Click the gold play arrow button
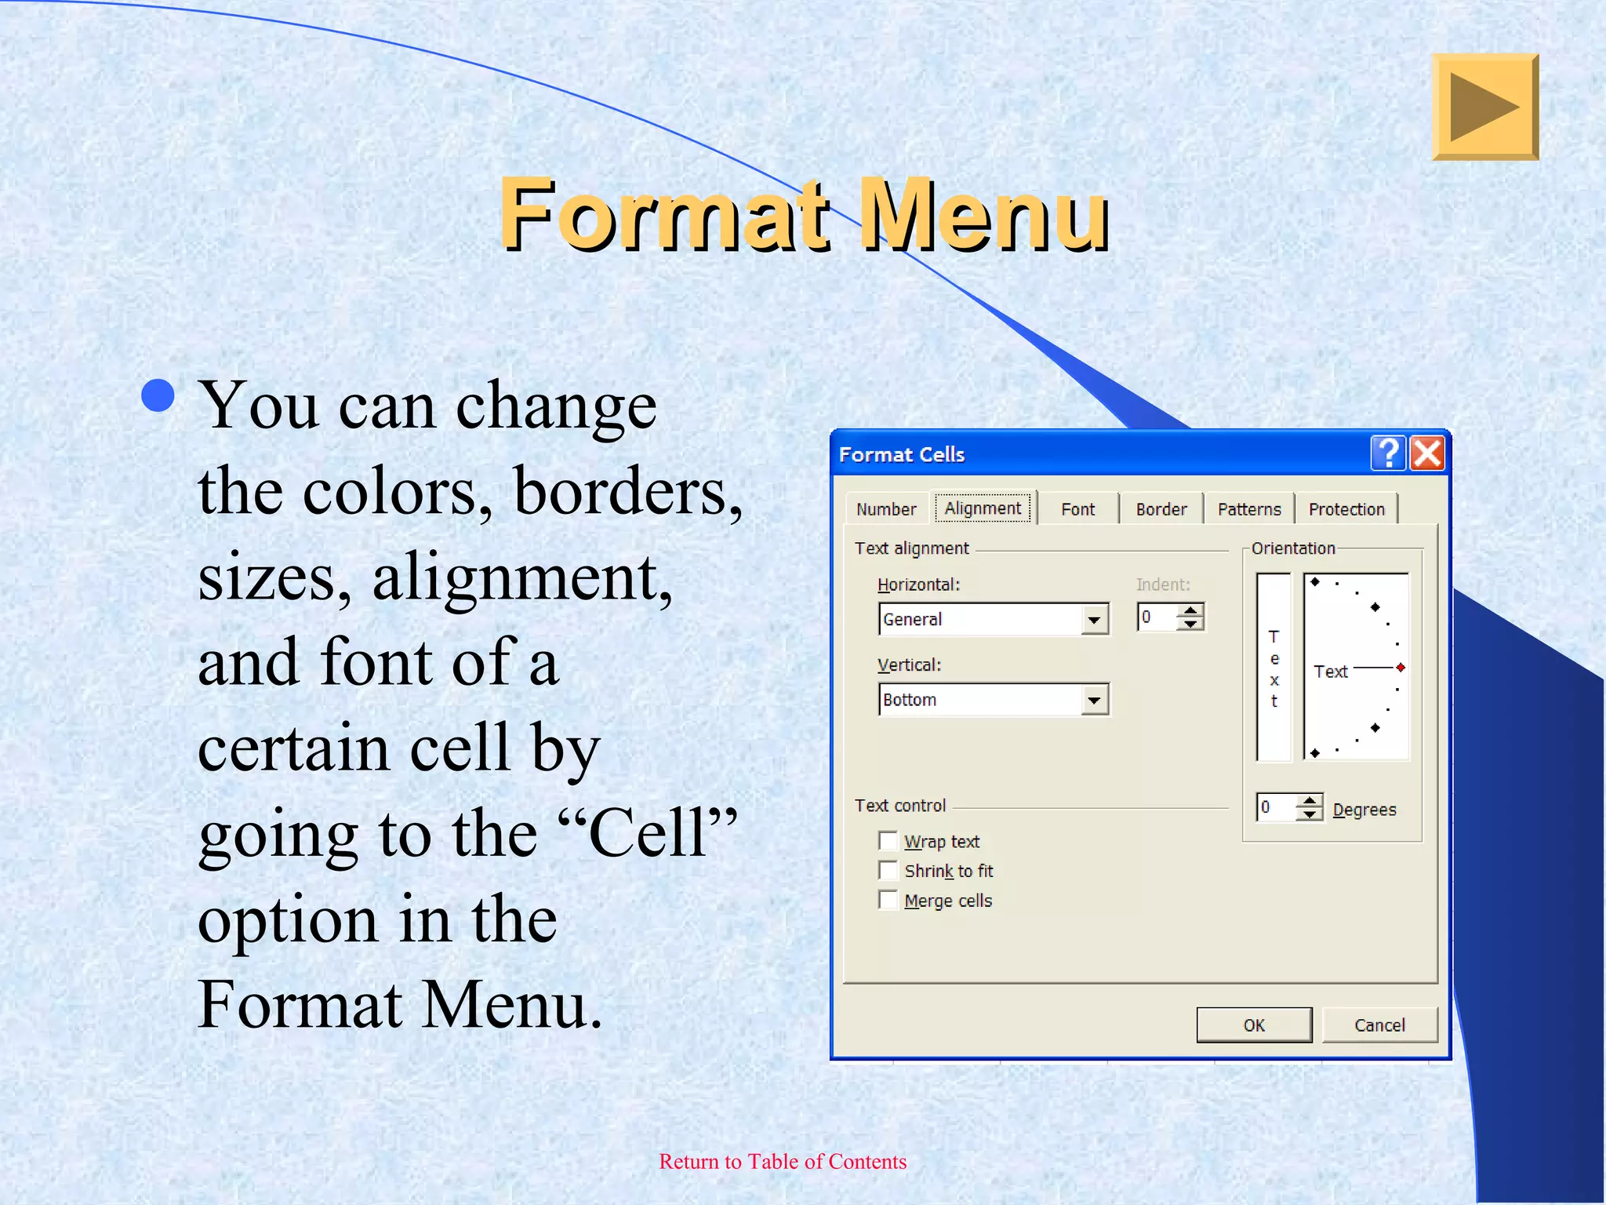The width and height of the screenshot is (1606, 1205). (x=1484, y=107)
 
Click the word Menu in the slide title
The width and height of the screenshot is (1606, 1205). (x=985, y=215)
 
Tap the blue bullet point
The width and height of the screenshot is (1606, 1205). (x=158, y=395)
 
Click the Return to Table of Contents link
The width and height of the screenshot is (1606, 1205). (x=783, y=1161)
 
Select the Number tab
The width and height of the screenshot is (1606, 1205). (x=886, y=509)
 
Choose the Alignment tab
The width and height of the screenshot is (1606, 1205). (x=983, y=508)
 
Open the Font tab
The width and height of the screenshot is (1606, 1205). (x=1077, y=509)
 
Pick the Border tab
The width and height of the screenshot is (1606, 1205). (x=1161, y=509)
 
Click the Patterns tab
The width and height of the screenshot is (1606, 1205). (x=1249, y=509)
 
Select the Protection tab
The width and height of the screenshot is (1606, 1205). (x=1346, y=509)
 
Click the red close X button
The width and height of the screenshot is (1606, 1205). (x=1427, y=453)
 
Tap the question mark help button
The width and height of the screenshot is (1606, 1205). (x=1388, y=453)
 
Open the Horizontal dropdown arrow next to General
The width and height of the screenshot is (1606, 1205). (x=1094, y=620)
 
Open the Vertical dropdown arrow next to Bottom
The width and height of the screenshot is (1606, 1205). (x=1094, y=700)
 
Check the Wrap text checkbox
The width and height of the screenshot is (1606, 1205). (x=888, y=841)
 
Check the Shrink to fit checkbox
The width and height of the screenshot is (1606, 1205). (x=888, y=871)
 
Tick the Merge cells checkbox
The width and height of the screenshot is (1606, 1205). (x=888, y=900)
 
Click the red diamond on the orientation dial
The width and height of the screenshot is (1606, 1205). (x=1401, y=668)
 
